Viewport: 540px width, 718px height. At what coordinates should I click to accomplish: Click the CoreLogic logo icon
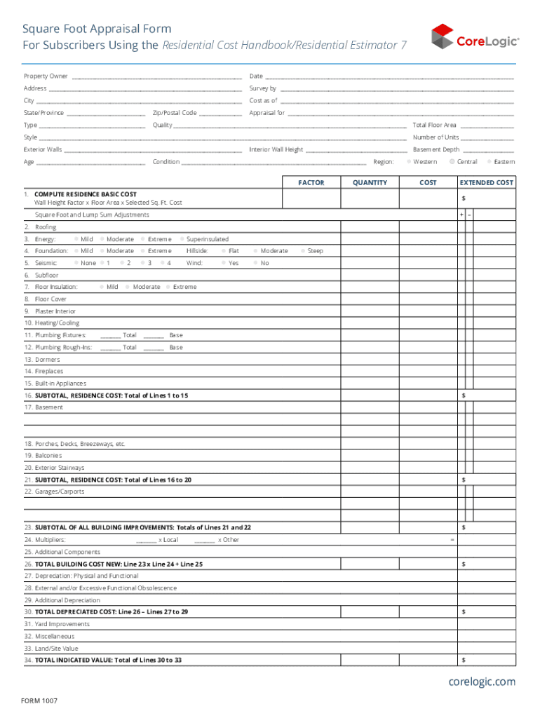[x=442, y=36]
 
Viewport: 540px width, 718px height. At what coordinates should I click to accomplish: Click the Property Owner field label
[x=46, y=76]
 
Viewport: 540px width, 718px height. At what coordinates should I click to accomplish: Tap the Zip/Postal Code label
[x=175, y=113]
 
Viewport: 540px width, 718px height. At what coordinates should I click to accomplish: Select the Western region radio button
[x=409, y=162]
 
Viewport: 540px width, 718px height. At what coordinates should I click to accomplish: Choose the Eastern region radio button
[x=490, y=162]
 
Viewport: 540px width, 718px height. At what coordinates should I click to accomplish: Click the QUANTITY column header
[x=370, y=183]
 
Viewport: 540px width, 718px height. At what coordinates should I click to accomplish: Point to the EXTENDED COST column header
[x=486, y=183]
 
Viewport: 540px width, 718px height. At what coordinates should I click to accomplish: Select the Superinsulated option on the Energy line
[x=182, y=239]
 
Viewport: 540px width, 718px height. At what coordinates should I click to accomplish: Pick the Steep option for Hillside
[x=303, y=251]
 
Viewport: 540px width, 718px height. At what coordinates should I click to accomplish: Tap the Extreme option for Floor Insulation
[x=168, y=287]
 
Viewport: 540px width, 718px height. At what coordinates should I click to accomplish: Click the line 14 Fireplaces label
[x=43, y=372]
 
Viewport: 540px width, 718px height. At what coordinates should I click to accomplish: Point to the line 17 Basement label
[x=43, y=407]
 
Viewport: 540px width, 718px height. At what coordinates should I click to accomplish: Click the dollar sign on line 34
[x=463, y=661]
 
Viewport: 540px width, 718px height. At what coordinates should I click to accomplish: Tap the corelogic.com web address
[x=482, y=682]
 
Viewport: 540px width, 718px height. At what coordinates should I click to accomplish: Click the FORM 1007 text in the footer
[x=39, y=700]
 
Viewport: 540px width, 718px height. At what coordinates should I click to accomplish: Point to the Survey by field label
[x=263, y=89]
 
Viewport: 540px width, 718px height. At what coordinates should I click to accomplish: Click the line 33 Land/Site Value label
[x=51, y=649]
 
